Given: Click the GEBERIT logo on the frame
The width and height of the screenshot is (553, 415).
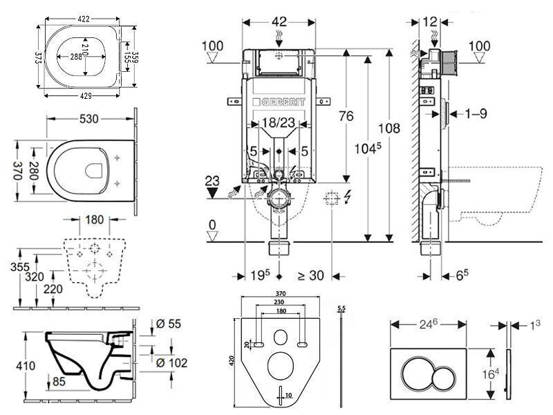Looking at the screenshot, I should point(279,102).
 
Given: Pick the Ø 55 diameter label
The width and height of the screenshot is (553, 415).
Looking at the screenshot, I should point(169,322).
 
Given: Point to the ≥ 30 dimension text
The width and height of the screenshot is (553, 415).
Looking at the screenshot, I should point(312,275).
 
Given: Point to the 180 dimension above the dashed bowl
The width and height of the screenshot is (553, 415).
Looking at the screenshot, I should point(95,221).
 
